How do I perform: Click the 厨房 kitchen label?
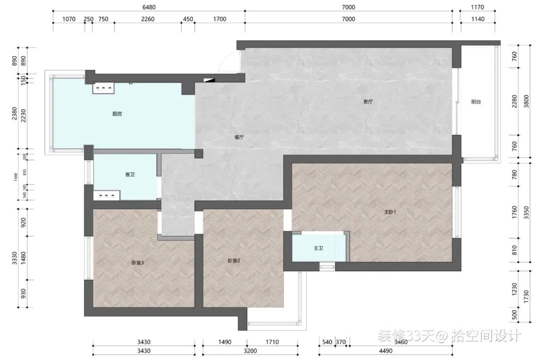(117, 114)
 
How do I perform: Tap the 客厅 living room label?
(368, 102)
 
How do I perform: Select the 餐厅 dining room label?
(239, 137)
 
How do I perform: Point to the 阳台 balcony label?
(476, 102)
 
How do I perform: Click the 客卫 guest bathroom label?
(130, 175)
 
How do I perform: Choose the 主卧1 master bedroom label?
(390, 212)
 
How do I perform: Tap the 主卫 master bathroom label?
(318, 248)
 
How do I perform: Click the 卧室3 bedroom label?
(138, 263)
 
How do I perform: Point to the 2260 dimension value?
(148, 19)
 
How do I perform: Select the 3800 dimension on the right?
(526, 102)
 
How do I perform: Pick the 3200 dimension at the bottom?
(250, 351)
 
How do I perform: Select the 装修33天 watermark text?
(406, 335)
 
